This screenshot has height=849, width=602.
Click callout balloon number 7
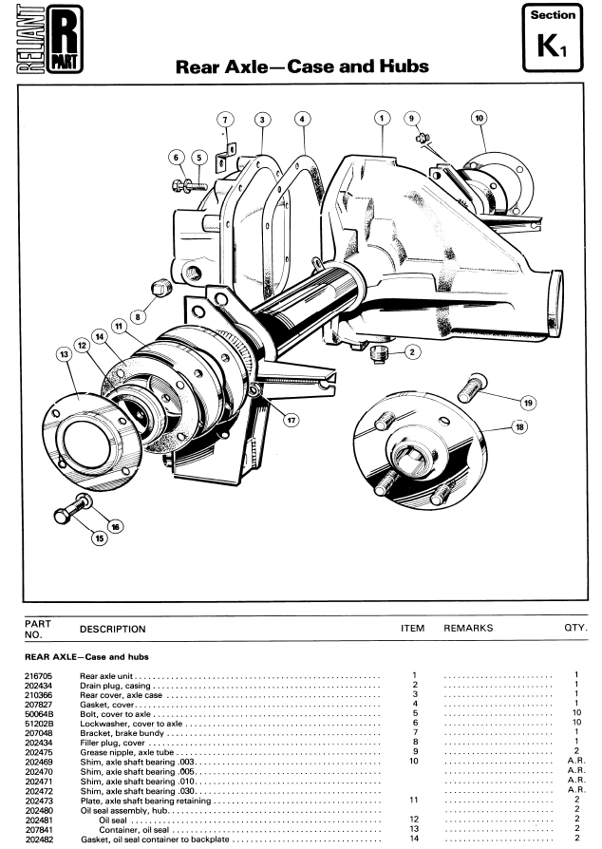pyautogui.click(x=225, y=120)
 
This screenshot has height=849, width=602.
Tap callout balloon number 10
pyautogui.click(x=480, y=118)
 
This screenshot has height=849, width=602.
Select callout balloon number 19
pyautogui.click(x=528, y=403)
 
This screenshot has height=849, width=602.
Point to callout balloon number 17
pyautogui.click(x=292, y=420)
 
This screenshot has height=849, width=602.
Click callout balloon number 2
pyautogui.click(x=412, y=352)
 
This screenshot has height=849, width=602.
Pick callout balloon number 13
pyautogui.click(x=65, y=354)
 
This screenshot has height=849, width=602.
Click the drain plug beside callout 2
pyautogui.click(x=380, y=354)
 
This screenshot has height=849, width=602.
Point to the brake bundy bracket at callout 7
pyautogui.click(x=225, y=156)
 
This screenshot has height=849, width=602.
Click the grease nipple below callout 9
pyautogui.click(x=423, y=140)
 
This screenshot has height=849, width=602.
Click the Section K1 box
pyautogui.click(x=553, y=37)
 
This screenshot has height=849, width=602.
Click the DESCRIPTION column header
pyautogui.click(x=113, y=630)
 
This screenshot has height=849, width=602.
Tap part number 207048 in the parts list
pyautogui.click(x=39, y=733)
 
